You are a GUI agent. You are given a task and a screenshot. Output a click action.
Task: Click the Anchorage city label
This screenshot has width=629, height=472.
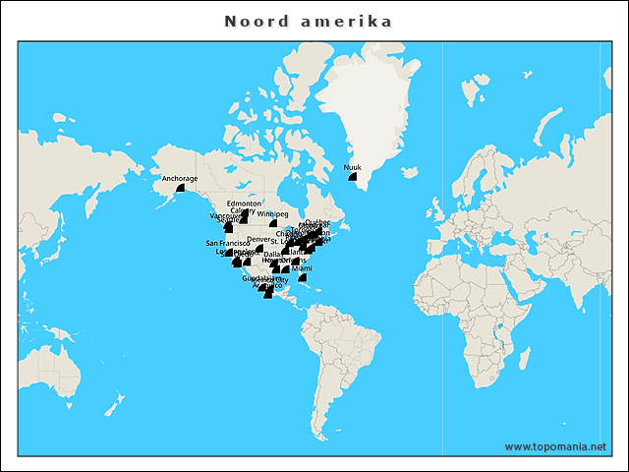coord(180,179)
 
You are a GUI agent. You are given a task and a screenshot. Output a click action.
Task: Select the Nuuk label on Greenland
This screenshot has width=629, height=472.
coord(352,168)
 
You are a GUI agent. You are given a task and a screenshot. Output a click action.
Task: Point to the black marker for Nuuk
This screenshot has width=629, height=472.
coord(354,177)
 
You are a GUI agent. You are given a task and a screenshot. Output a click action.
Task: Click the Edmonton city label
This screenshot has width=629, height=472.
coord(244,204)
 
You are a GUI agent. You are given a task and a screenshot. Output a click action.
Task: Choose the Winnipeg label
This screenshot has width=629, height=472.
coord(273,214)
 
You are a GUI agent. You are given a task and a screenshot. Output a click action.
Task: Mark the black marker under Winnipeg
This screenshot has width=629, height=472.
coord(273,223)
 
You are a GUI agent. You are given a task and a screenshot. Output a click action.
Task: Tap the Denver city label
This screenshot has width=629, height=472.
coord(258,239)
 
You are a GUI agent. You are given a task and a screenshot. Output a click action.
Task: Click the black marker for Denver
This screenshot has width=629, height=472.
coord(259,248)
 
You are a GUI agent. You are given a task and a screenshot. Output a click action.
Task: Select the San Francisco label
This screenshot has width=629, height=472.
coord(227,243)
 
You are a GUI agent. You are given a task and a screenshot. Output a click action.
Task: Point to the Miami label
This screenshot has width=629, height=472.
coord(302,268)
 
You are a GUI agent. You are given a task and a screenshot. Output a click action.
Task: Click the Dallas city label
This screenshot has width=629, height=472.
coord(273,254)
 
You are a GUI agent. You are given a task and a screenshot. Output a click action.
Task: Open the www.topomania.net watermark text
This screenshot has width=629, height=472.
coord(555,446)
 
